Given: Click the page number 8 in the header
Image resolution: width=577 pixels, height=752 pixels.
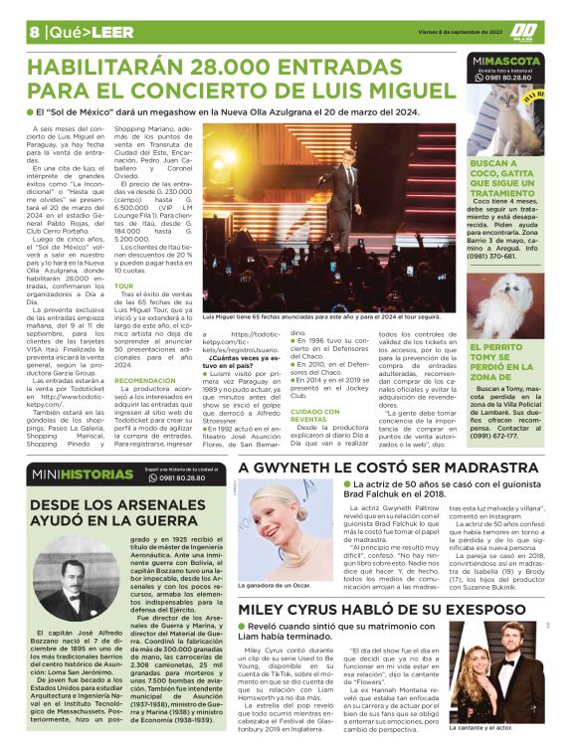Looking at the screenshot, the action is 34,31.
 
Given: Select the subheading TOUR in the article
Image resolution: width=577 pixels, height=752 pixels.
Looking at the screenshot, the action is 124,286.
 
